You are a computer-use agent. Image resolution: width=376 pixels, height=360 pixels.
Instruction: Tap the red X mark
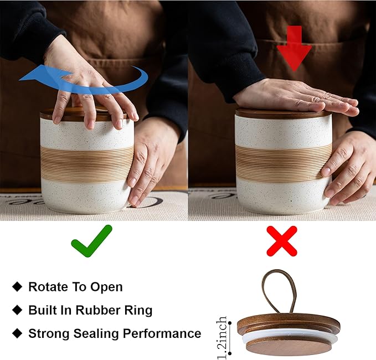click(x=282, y=241)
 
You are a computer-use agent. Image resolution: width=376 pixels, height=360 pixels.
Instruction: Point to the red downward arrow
click(x=294, y=49)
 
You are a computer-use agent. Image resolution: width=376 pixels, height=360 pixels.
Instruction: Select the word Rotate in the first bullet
click(x=47, y=286)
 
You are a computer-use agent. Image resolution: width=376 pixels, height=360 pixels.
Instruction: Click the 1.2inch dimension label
click(x=222, y=338)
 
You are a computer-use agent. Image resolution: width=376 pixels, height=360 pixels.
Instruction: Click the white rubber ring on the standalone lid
click(x=290, y=337)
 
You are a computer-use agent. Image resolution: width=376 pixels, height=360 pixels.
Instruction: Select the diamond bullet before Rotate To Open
click(x=17, y=286)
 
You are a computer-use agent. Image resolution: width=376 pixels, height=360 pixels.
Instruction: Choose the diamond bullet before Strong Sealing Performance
click(x=17, y=333)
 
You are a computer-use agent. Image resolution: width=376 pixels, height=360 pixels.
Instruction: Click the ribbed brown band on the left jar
click(x=87, y=163)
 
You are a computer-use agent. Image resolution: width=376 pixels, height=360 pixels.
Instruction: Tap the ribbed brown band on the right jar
click(x=283, y=162)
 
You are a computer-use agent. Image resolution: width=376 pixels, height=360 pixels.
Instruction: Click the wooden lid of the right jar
click(x=284, y=114)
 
